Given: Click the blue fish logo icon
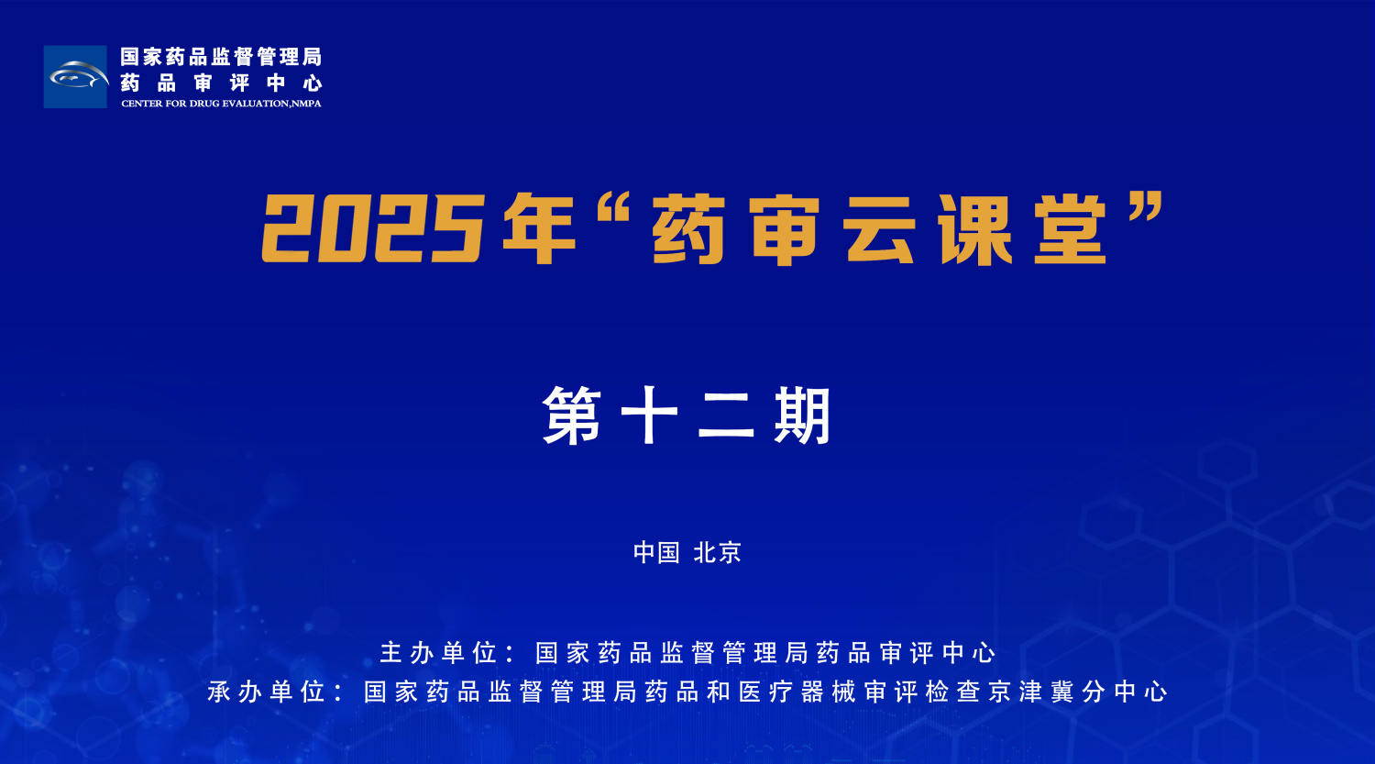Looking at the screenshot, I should (x=75, y=77).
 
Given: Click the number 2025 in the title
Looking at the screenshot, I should (x=371, y=229).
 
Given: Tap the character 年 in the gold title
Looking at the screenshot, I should (x=539, y=229).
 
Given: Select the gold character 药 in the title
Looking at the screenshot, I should (x=689, y=229).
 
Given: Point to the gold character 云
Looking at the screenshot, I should (x=880, y=229).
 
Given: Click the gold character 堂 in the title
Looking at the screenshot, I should (x=1071, y=229).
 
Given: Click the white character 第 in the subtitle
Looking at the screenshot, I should (x=572, y=416).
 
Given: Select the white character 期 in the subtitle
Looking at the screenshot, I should (x=802, y=416).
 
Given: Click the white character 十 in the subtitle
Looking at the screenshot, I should (x=649, y=416).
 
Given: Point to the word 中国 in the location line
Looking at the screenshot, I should (x=656, y=552).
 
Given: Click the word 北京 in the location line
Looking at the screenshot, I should (x=717, y=552).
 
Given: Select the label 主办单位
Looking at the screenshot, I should (x=439, y=653).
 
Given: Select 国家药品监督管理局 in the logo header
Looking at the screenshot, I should (x=221, y=57).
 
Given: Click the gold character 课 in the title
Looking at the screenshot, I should (x=975, y=229).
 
